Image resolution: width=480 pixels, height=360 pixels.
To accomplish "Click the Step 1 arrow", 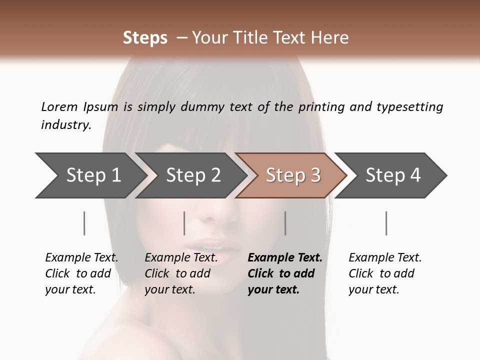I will pos(90,175).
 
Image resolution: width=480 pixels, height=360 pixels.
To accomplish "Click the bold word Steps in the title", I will pos(145,38).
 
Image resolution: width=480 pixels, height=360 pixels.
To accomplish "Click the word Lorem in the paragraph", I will pos(59,106).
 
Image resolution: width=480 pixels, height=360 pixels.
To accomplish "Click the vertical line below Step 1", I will pos(84,223).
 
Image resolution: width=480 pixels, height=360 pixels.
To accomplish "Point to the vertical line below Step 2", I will pos(184,223).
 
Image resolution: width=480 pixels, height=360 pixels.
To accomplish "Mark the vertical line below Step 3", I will pos(285,223).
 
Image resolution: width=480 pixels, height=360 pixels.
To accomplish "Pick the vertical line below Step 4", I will pos(386,223).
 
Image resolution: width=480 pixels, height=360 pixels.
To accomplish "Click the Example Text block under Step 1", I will pos(81,273).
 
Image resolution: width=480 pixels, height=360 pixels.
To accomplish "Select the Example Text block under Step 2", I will pos(181,273).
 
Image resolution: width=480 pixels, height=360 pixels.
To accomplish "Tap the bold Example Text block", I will pos(285,273).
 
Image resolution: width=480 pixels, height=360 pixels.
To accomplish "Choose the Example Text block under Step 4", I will pos(385,273).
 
